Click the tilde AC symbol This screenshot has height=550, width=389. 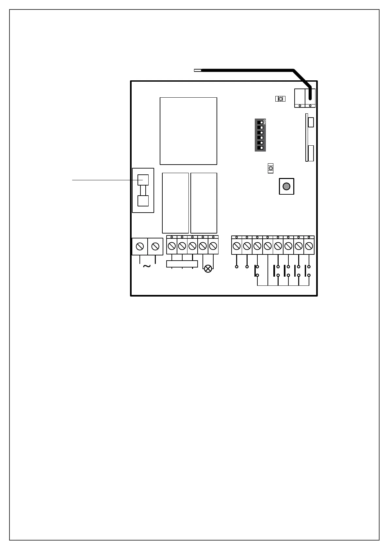pos(147,267)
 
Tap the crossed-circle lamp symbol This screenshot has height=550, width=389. pos(208,269)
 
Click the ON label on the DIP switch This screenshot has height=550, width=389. pos(265,121)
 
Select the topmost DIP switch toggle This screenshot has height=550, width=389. pos(260,122)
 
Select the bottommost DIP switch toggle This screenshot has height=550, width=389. pos(260,148)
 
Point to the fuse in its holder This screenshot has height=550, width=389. pos(143,190)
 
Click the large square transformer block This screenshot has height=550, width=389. pos(188,131)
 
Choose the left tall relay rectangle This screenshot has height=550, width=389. pos(175,203)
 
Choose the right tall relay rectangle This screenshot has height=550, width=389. pos(204,203)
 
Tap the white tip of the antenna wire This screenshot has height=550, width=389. pos(198,70)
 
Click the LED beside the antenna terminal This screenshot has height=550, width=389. pos(280,99)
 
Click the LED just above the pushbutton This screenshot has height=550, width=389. pos(270,168)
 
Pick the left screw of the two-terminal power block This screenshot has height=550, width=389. pos(140,246)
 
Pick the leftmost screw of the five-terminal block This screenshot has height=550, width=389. pos(172,246)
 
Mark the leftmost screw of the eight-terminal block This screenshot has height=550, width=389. pos(236,246)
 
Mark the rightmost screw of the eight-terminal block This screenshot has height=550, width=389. pos(309,246)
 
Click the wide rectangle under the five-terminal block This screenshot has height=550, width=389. pos(182,264)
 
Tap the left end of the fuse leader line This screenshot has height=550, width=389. pos(73,180)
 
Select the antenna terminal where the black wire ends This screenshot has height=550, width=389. pos(310,97)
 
